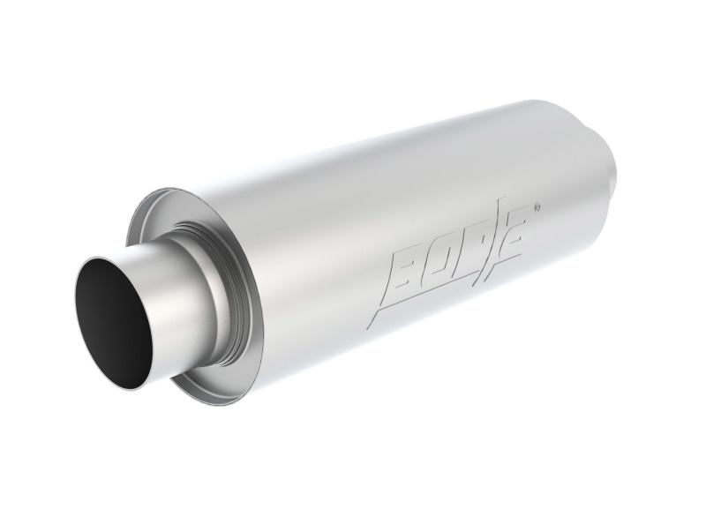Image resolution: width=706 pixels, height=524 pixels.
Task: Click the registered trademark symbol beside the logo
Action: [x=537, y=209]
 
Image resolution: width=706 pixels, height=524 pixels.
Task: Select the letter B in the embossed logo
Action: [x=403, y=272]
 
